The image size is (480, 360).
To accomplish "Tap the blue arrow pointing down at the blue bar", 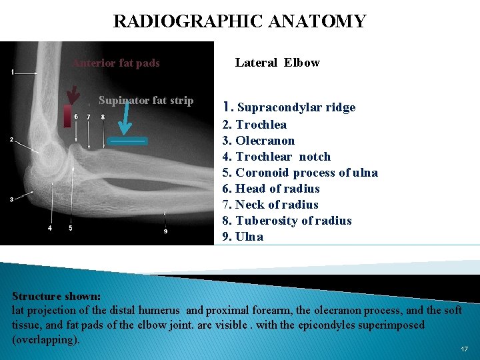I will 125,123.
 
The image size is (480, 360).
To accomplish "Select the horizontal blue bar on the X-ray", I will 128,141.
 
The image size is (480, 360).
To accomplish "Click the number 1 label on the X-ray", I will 13,71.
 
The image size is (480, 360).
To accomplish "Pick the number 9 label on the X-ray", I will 166,231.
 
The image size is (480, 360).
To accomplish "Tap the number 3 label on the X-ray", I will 11,199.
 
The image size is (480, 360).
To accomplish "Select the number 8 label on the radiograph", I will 103,117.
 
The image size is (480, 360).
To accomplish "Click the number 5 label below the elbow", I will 70,229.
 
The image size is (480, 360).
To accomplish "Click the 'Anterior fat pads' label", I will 116,63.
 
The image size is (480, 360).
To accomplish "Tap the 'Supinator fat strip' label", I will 145,101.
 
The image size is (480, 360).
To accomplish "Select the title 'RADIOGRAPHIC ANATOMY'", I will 239,21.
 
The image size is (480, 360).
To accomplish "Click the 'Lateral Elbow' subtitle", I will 277,63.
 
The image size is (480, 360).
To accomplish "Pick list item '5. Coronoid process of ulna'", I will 300,173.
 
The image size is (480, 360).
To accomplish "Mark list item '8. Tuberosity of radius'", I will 287,221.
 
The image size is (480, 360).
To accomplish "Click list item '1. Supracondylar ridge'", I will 289,107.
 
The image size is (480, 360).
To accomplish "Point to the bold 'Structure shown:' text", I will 57,296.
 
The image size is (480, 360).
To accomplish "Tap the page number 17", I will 464,349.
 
